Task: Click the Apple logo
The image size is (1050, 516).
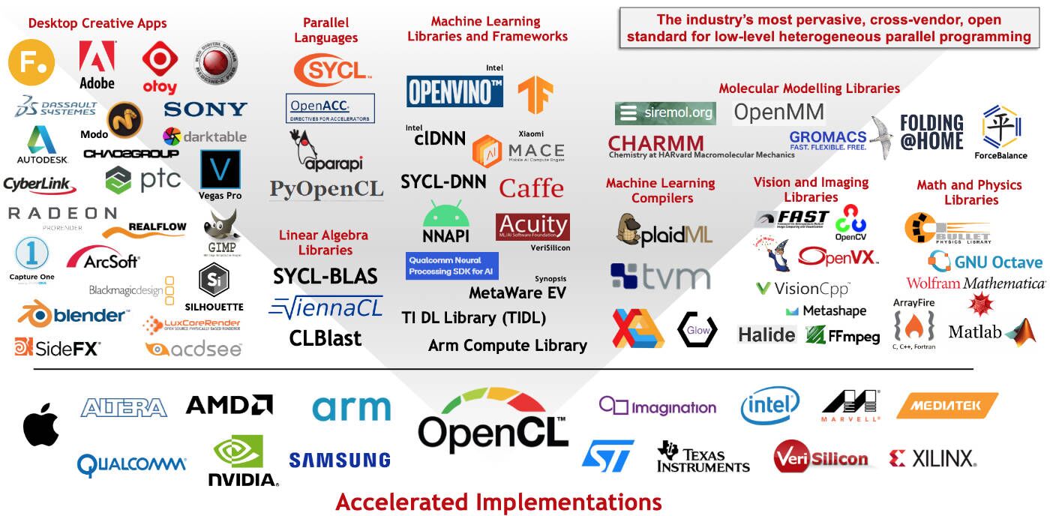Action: [x=40, y=424]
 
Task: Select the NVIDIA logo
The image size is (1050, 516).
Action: [x=242, y=460]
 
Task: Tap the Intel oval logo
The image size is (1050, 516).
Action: [x=770, y=406]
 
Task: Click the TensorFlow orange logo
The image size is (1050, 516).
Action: [x=535, y=95]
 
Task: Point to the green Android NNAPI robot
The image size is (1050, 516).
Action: [x=446, y=215]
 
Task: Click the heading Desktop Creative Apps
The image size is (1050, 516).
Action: [x=97, y=23]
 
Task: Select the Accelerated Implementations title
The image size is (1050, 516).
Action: [x=498, y=501]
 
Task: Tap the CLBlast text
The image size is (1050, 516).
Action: [x=325, y=338]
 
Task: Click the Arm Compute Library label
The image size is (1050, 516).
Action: [x=507, y=346]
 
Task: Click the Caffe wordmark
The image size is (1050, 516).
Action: [x=531, y=187]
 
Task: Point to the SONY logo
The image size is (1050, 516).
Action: [x=205, y=109]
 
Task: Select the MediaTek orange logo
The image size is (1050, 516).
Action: [x=946, y=406]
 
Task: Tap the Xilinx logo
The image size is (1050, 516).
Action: [x=931, y=458]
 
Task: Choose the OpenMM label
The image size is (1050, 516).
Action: [x=778, y=113]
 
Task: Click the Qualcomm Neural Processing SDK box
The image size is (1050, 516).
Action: [x=451, y=265]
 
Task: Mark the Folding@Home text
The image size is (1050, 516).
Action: [x=931, y=133]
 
